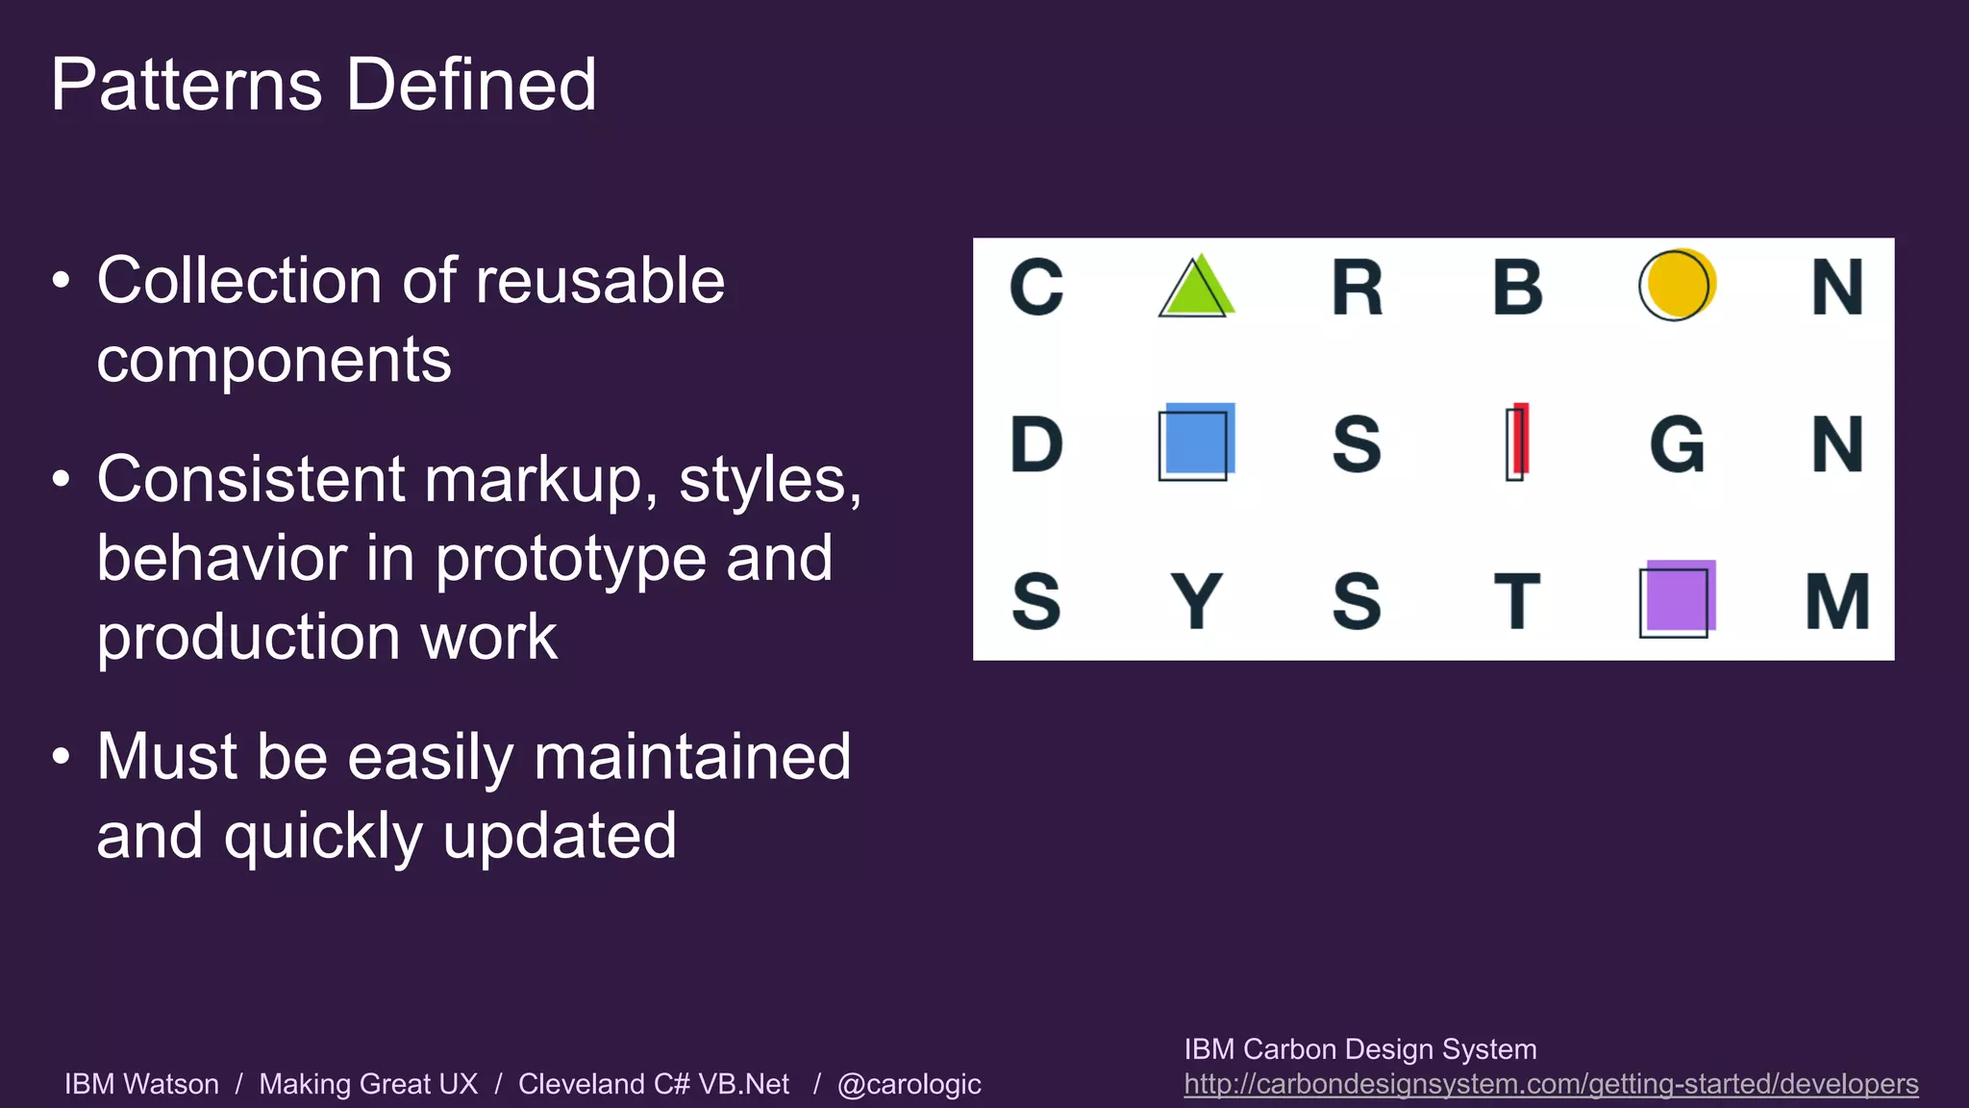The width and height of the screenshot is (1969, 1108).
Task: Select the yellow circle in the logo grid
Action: click(1678, 285)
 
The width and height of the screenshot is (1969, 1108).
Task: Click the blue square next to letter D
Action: click(1196, 441)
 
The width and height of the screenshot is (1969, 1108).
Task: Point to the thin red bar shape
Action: click(1518, 441)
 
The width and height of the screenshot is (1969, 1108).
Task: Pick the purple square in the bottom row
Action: click(1678, 598)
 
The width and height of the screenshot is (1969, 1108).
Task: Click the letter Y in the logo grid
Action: click(1196, 601)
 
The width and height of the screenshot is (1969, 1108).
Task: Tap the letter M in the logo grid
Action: click(1837, 601)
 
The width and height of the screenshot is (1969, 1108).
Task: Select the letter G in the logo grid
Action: click(1677, 444)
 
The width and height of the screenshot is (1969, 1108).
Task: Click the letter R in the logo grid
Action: click(1357, 288)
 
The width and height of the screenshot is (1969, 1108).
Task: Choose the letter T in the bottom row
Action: click(1517, 601)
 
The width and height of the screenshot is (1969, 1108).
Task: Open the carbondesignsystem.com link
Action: click(1550, 1084)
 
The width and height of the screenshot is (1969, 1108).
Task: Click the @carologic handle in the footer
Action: click(909, 1085)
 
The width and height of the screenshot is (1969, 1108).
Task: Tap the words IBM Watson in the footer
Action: click(141, 1084)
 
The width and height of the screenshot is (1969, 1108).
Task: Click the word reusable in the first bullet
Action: click(600, 281)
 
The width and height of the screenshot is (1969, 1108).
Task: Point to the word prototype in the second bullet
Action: click(571, 559)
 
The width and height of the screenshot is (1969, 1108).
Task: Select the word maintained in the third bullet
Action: click(692, 757)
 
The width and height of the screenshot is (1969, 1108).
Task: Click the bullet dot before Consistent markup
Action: click(62, 479)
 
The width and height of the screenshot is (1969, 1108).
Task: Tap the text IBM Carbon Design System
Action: click(1359, 1049)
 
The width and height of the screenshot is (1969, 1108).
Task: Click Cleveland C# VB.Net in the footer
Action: click(653, 1084)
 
